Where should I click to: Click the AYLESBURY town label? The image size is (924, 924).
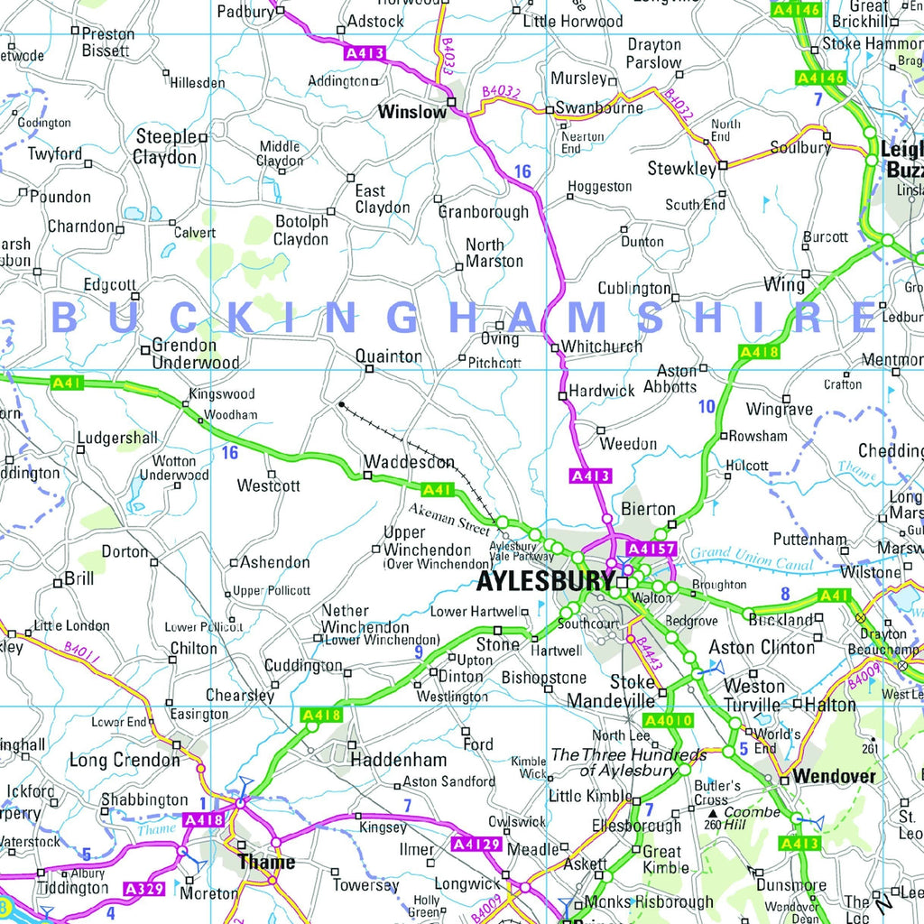545,580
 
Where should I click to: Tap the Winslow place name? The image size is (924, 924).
411,113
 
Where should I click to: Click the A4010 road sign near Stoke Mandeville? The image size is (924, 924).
668,720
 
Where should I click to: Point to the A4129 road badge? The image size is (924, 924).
475,844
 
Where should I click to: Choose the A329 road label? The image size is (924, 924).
144,890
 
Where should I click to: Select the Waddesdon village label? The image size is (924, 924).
409,462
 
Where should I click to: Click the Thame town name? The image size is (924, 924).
265,862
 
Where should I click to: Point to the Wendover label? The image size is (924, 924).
834,777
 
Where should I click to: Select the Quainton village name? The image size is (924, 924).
388,356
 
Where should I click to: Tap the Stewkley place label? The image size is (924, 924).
681,169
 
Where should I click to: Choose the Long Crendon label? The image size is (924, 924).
125,761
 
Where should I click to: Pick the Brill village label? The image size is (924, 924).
79,579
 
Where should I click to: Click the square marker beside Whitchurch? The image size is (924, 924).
554,346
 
